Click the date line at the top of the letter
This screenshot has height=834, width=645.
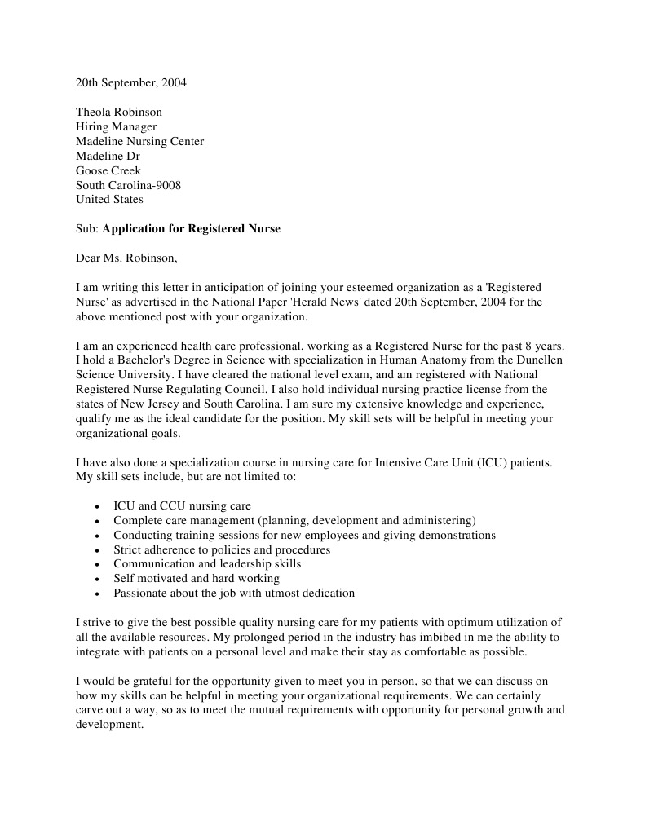coord(130,83)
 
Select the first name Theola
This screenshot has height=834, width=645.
coord(95,113)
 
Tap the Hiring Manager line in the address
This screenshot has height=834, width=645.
coord(116,127)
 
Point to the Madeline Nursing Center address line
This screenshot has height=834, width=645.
coord(139,142)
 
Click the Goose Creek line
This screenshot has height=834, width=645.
coord(108,170)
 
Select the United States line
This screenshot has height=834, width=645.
coord(109,200)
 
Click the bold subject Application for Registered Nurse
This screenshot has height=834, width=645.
coord(191,229)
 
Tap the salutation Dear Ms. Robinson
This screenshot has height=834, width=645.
coord(126,258)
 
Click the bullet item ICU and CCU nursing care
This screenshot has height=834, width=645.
coord(182,506)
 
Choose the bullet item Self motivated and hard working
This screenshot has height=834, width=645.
coord(197,579)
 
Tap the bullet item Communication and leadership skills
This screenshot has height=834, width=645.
coord(207,564)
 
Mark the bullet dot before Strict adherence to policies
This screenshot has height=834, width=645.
coord(98,550)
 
